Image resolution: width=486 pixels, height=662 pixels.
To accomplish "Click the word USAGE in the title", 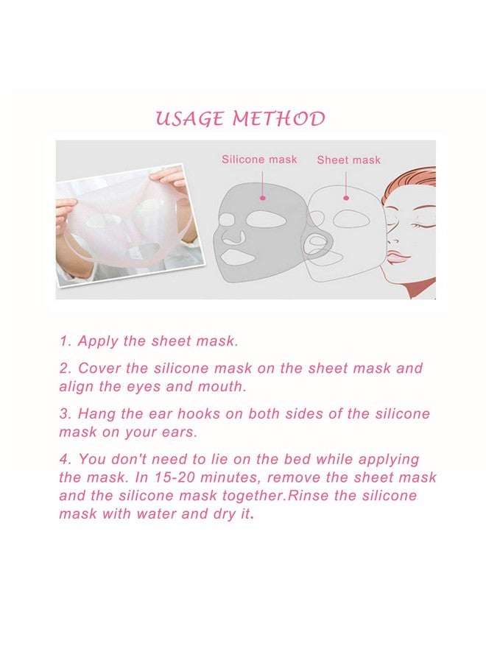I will click(189, 119).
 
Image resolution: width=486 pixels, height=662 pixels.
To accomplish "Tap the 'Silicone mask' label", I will click(259, 159).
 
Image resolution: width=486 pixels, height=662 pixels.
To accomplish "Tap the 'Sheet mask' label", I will click(348, 160).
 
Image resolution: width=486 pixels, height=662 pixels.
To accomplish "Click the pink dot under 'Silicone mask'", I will click(262, 197).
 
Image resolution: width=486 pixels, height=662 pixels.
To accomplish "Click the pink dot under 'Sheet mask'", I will click(346, 197).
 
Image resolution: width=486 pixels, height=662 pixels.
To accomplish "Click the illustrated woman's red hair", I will click(420, 180).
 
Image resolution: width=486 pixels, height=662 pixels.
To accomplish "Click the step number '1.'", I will click(66, 341).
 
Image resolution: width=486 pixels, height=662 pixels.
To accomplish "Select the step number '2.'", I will click(66, 368).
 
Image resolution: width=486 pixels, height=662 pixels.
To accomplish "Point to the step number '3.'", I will click(66, 414).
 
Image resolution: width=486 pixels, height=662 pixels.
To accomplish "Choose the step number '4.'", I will click(66, 460).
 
